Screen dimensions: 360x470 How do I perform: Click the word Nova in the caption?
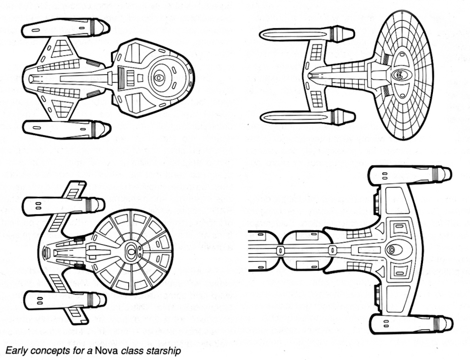pyautogui.click(x=106, y=350)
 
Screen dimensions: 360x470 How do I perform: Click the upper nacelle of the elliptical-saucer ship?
pyautogui.click(x=305, y=34)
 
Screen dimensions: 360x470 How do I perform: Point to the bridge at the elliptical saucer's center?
pyautogui.click(x=399, y=74)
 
